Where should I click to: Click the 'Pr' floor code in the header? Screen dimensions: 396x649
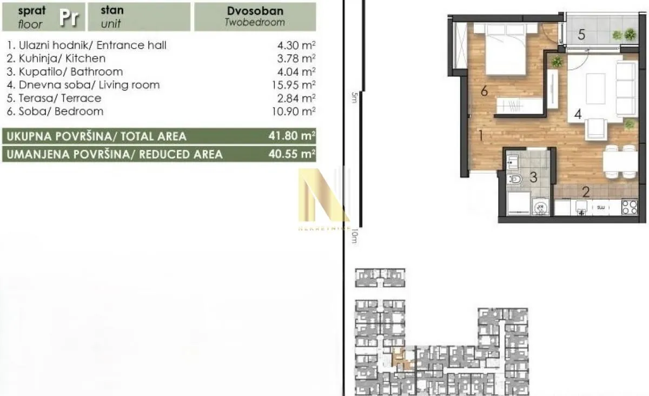pos(69,17)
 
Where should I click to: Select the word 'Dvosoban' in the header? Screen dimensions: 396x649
pos(255,11)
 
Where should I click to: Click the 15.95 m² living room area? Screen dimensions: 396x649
pos(296,85)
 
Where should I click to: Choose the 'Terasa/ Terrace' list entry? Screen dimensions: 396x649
pos(55,98)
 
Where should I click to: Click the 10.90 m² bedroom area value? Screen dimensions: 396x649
pos(296,111)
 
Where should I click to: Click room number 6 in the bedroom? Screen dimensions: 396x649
pos(484,91)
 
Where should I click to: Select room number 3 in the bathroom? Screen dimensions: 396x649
pos(533,177)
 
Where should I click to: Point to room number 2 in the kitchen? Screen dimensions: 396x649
pos(585,191)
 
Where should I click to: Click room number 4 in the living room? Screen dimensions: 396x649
pos(578,115)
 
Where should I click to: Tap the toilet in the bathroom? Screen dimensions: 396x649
pos(515,180)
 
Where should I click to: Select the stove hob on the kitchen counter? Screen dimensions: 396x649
pos(629,207)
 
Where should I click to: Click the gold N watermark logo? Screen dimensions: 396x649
pos(323,196)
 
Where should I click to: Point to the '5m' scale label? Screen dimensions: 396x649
pos(354,97)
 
